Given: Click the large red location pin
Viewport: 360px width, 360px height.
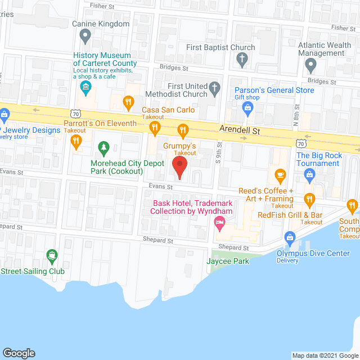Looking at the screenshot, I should [x=179, y=167].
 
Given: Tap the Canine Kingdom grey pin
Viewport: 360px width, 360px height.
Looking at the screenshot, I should [x=85, y=37].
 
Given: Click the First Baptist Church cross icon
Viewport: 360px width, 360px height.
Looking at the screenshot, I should [x=242, y=58].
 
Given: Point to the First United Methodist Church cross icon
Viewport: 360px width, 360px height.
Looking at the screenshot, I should [x=214, y=88].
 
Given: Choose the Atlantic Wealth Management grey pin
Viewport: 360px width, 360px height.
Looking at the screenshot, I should [x=310, y=67].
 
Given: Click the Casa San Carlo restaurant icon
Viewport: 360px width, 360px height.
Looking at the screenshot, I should [x=129, y=102].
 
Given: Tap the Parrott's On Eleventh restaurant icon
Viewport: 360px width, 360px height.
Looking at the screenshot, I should [x=155, y=129].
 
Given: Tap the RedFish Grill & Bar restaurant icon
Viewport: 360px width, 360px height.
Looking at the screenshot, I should [x=309, y=199].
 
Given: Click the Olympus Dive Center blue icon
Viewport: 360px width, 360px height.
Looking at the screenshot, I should [x=290, y=238].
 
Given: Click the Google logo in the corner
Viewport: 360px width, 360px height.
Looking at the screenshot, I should [x=19, y=353].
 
